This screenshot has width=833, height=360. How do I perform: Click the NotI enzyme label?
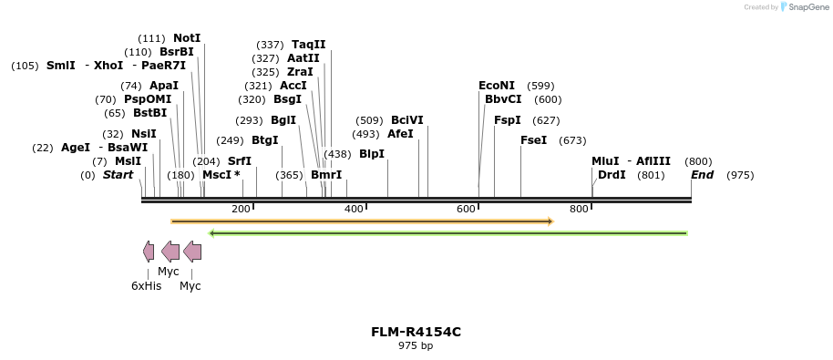coord(187,38)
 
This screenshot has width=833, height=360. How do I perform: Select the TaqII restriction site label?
coord(308,45)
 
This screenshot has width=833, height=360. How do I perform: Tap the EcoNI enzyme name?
coord(497,86)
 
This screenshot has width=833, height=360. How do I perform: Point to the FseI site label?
coord(533,140)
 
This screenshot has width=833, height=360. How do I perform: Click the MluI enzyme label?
coord(605,161)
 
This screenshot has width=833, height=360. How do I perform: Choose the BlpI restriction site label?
coord(372,155)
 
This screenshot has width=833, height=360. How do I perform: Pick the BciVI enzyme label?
coord(406,120)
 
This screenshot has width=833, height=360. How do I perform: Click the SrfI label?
coord(240,161)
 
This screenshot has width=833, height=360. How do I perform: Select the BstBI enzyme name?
coord(149,113)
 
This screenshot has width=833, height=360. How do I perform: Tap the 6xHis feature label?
coord(146,286)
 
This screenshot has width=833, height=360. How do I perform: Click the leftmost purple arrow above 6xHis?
coord(149,252)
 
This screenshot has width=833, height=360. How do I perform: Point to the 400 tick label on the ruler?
coord(354,210)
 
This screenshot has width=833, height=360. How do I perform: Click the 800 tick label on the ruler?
coord(579,210)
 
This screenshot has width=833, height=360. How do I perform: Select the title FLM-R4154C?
coord(416,332)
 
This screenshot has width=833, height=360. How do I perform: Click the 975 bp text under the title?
coord(416,346)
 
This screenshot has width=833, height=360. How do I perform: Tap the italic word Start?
coord(118,175)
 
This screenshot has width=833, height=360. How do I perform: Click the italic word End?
coord(702,175)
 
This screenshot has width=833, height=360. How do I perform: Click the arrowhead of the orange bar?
coord(550,221)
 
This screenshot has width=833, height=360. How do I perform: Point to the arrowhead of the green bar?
coord(212,233)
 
